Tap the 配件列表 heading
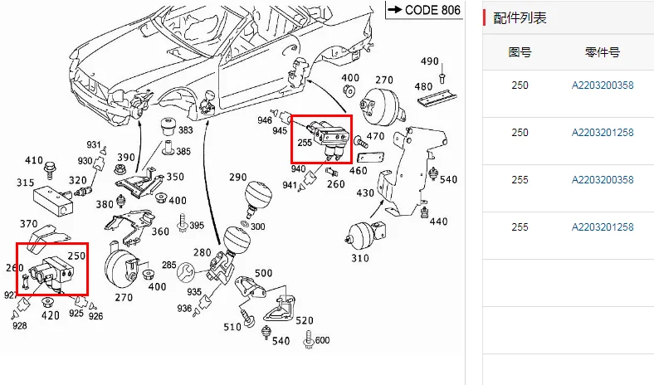[x=520, y=18]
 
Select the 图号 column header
[x=520, y=52]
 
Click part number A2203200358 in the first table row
[x=602, y=85]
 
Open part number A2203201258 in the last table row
[x=602, y=227]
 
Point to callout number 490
[x=429, y=61]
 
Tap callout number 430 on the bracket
[x=365, y=192]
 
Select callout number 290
[x=238, y=178]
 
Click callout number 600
[x=322, y=339]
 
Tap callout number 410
[x=33, y=160]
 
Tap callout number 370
[x=28, y=223]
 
